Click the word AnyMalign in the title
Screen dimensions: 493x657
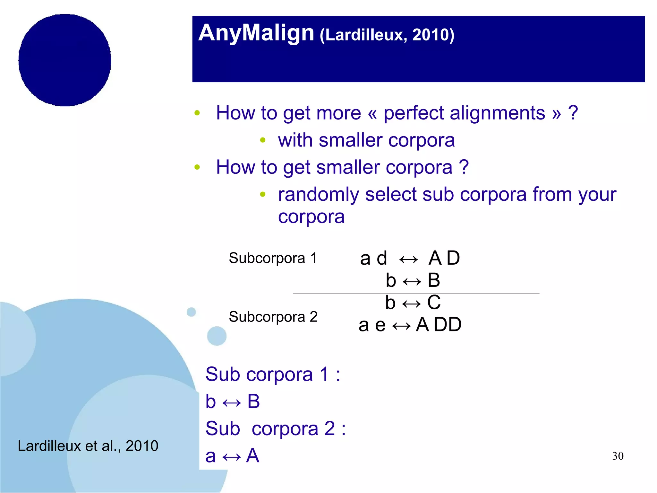(x=256, y=33)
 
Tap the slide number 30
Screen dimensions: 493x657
(x=618, y=456)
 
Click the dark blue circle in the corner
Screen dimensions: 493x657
(x=65, y=60)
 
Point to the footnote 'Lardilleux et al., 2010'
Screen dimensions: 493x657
(x=88, y=446)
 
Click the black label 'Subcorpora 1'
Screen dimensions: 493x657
(x=273, y=258)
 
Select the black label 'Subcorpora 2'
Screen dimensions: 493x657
(x=273, y=317)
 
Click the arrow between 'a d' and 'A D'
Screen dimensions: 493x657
(x=408, y=259)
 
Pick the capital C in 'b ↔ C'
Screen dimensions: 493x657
(x=434, y=303)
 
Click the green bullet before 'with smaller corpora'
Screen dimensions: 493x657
(x=263, y=140)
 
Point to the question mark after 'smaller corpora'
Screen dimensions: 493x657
(x=464, y=167)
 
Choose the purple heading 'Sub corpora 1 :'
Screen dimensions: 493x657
(x=273, y=374)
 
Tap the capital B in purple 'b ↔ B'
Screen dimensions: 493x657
(x=253, y=401)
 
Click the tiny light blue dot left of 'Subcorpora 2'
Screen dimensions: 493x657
(x=191, y=312)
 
